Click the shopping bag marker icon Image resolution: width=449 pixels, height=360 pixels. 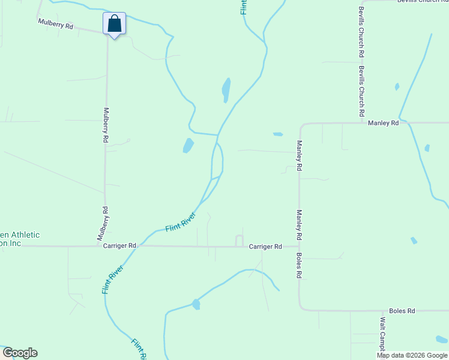coord(114,24)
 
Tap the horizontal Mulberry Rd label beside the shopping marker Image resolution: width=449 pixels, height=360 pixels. coord(55,25)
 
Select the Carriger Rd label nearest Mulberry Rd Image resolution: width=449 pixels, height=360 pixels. coord(119,246)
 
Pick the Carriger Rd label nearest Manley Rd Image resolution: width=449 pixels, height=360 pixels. coord(265,247)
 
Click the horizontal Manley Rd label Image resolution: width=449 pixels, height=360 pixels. coord(384,123)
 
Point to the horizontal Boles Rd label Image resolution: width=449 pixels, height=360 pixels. coord(402,311)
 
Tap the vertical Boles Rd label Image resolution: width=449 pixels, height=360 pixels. coord(298,265)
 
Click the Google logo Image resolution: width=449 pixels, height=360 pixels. coord(20,353)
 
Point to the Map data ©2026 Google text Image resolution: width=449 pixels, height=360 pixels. coord(412,355)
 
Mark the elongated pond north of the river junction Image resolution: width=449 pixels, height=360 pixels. coord(226,90)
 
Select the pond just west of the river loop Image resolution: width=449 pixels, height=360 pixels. coord(188,145)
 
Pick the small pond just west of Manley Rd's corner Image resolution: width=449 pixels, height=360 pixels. coord(277,134)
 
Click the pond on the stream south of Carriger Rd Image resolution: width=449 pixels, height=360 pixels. coord(196,304)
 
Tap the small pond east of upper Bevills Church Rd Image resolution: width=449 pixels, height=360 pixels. coord(397,86)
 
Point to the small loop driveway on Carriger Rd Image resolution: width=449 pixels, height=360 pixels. coord(239,241)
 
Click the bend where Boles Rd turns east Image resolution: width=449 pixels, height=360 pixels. coord(301,308)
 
